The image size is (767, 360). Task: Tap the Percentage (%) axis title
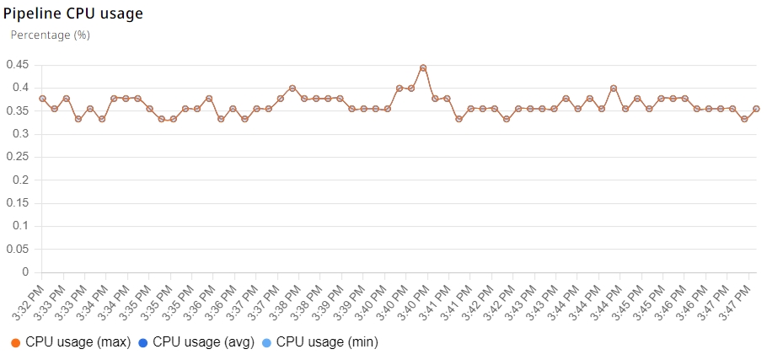coord(50,35)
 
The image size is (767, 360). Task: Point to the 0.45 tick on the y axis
coord(17,65)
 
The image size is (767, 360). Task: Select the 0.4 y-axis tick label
coord(19,88)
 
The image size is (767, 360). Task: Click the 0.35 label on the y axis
coord(17,111)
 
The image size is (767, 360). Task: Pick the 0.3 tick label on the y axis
coord(19,134)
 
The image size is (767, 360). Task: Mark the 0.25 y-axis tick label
coord(17,158)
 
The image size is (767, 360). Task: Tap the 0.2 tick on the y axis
coord(19,180)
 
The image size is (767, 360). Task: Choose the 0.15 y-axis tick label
coord(17,203)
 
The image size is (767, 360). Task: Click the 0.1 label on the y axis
coord(19,227)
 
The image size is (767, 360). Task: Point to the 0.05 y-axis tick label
coord(17,250)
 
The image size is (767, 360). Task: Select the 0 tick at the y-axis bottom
coord(25,272)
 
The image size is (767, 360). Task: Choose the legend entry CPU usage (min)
coord(320,342)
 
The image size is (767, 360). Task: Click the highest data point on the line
coord(423,67)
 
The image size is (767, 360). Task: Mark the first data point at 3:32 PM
coord(42,99)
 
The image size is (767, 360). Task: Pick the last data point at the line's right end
coord(756,109)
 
